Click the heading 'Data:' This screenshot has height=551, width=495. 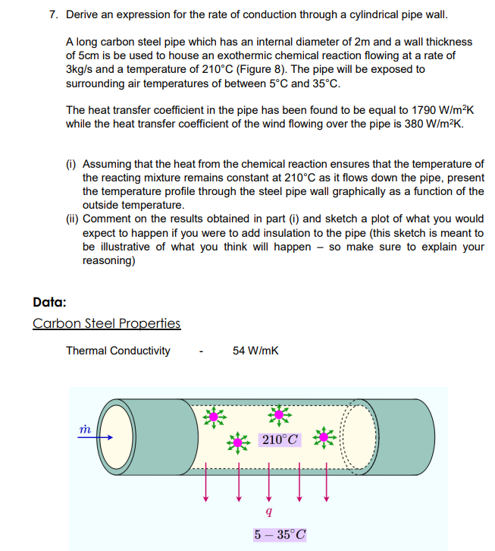tap(50, 301)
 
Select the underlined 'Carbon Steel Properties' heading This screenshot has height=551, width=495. tap(107, 323)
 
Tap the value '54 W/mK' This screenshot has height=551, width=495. tap(255, 351)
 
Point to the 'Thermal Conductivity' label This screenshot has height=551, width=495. tap(118, 351)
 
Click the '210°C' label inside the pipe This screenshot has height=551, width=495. tap(280, 440)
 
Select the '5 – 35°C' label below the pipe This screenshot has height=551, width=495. tap(280, 534)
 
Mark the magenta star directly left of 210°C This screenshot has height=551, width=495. tap(240, 441)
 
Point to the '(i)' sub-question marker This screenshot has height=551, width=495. tap(72, 164)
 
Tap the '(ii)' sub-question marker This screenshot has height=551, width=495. tap(74, 219)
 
